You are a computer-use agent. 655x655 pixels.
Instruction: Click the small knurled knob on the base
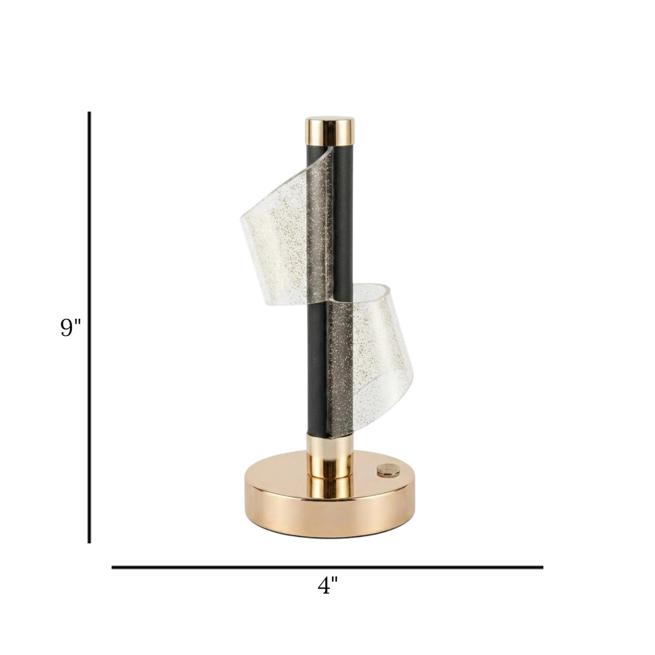click(383, 470)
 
